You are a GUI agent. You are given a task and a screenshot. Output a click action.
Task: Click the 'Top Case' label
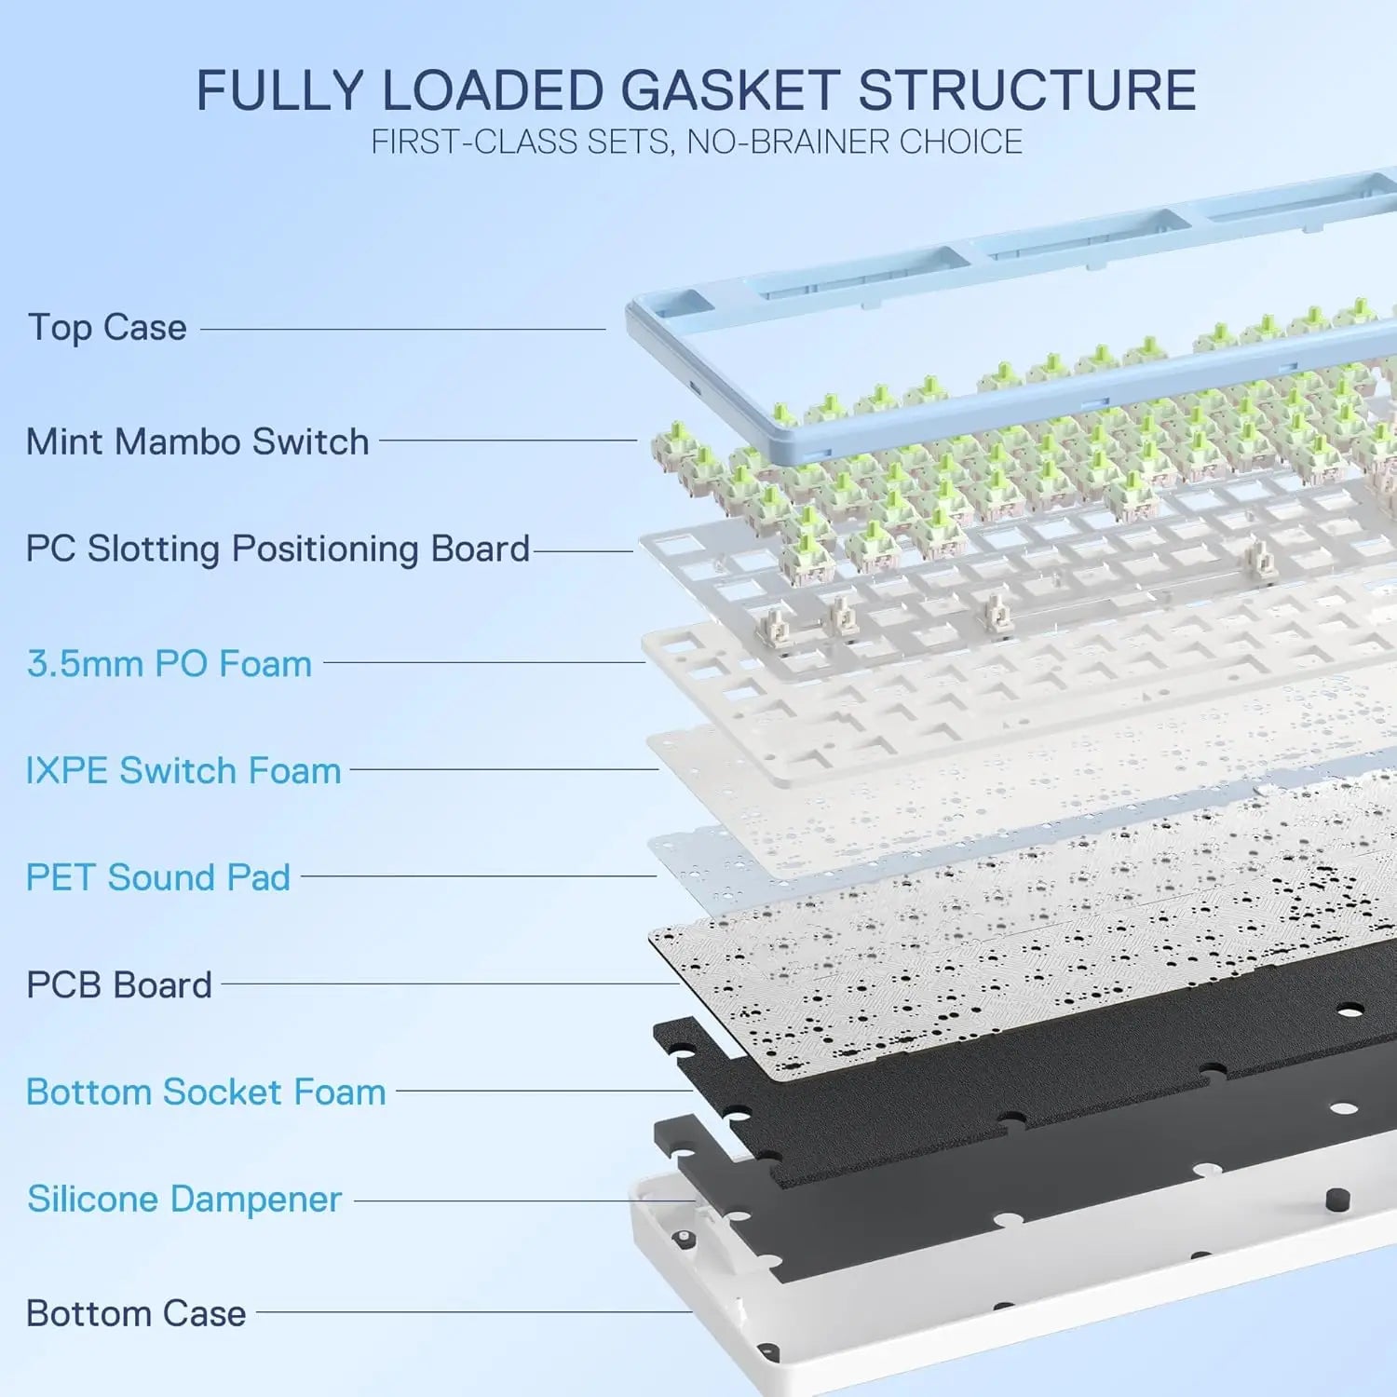click(x=107, y=328)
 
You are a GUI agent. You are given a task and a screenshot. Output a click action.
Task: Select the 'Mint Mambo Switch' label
click(x=197, y=441)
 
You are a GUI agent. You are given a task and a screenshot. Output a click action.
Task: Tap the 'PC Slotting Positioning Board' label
click(x=278, y=549)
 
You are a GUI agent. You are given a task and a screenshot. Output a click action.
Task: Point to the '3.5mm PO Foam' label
click(x=170, y=664)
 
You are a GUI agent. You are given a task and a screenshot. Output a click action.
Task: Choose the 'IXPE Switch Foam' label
click(x=183, y=771)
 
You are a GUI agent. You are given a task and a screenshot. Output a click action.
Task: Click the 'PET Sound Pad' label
click(x=158, y=877)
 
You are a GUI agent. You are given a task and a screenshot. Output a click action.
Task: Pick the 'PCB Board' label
click(x=119, y=984)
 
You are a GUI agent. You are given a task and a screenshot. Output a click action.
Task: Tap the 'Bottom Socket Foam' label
click(x=206, y=1092)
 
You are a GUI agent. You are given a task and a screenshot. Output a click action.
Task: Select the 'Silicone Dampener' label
click(x=184, y=1200)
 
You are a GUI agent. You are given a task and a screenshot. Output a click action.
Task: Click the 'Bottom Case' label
click(x=136, y=1313)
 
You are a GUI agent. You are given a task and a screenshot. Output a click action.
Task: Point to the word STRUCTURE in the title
click(x=1026, y=91)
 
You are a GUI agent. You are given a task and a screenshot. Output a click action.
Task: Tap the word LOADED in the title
click(x=493, y=91)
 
